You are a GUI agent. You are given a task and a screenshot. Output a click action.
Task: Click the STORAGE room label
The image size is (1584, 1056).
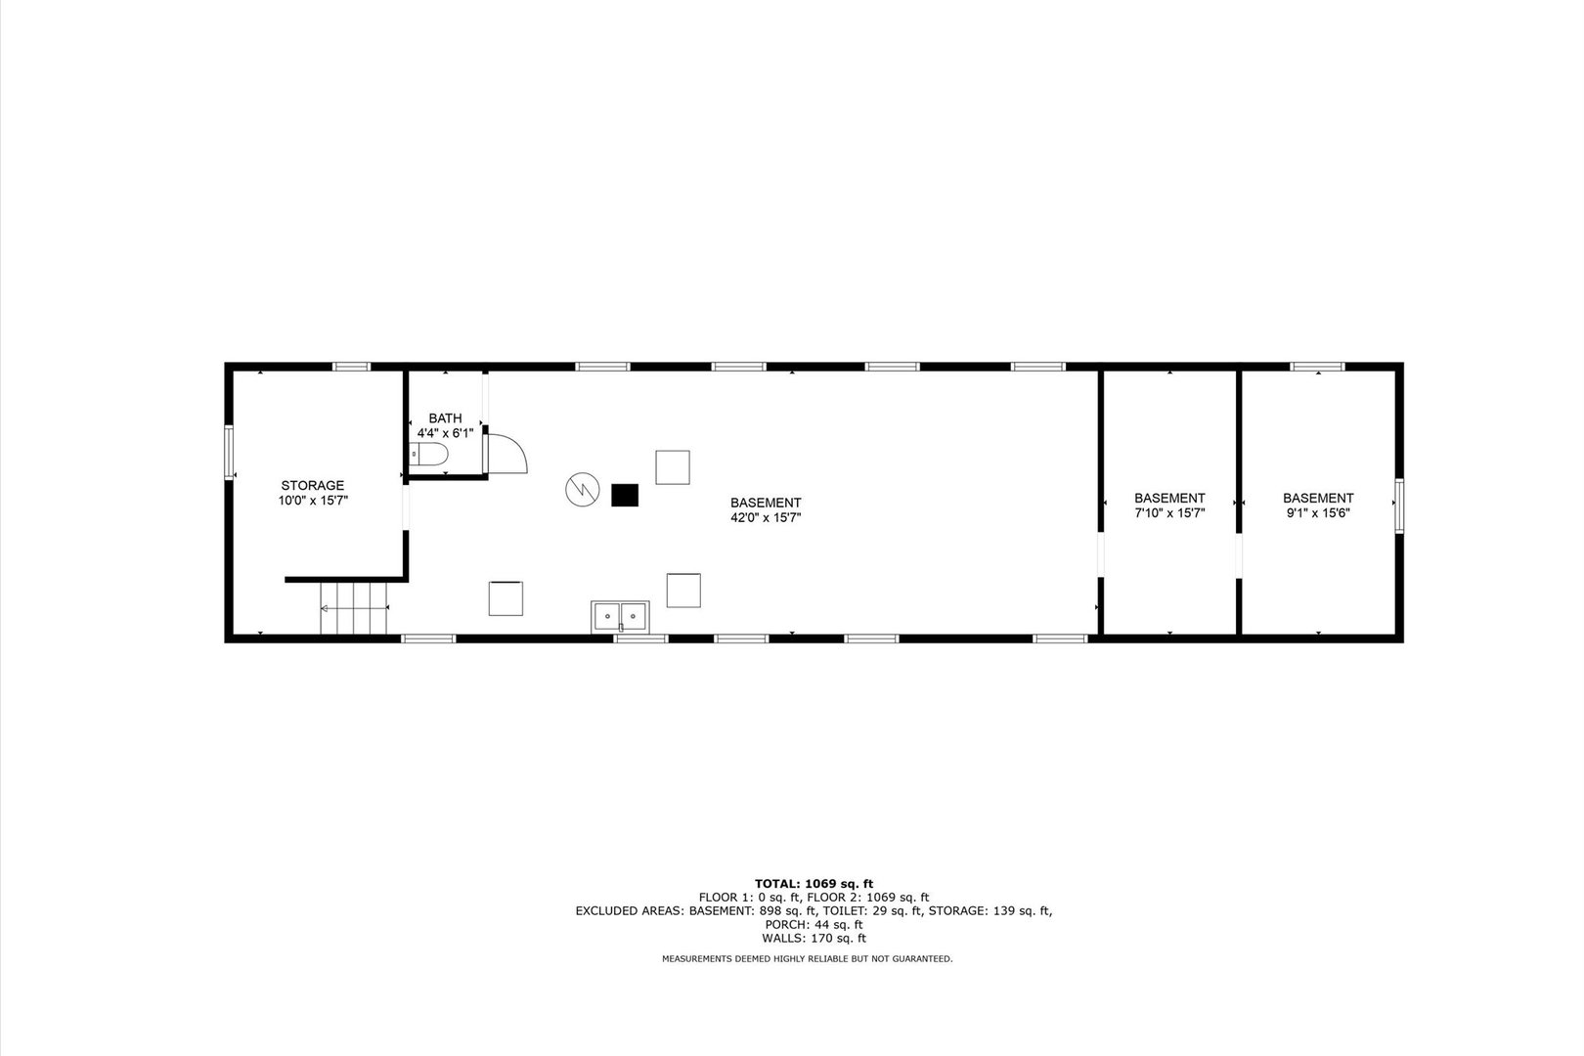[x=313, y=485]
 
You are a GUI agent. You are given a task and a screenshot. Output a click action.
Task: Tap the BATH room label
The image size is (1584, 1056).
[x=445, y=418]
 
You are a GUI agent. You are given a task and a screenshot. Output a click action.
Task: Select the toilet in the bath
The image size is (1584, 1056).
[x=429, y=455]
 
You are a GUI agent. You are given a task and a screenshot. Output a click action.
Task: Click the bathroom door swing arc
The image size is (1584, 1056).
[x=509, y=455]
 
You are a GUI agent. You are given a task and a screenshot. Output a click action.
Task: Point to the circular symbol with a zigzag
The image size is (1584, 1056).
[x=581, y=489]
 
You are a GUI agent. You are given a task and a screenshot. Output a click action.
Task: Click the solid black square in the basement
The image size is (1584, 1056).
[x=624, y=495]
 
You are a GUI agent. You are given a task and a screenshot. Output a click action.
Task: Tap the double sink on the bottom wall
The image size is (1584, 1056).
[x=619, y=616]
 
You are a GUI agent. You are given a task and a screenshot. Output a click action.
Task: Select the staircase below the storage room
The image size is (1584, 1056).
[x=354, y=608]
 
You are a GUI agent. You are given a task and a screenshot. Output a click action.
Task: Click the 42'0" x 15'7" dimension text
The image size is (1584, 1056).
[x=766, y=518]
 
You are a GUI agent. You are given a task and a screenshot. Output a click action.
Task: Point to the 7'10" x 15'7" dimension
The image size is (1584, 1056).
[x=1169, y=512]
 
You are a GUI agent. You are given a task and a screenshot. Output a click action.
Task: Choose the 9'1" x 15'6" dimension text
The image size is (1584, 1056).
[x=1318, y=512]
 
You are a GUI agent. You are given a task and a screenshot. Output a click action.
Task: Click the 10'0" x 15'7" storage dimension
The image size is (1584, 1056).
[x=313, y=501]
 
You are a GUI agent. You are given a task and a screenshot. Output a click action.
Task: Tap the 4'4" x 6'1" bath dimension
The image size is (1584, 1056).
[x=445, y=433]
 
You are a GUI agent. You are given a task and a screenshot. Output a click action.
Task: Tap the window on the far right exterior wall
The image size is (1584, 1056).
[x=1399, y=506]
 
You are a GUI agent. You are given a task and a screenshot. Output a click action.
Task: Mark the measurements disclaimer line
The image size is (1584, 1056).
[x=807, y=959]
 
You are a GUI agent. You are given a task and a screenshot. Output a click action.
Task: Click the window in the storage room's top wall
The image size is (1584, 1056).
[x=351, y=367]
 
